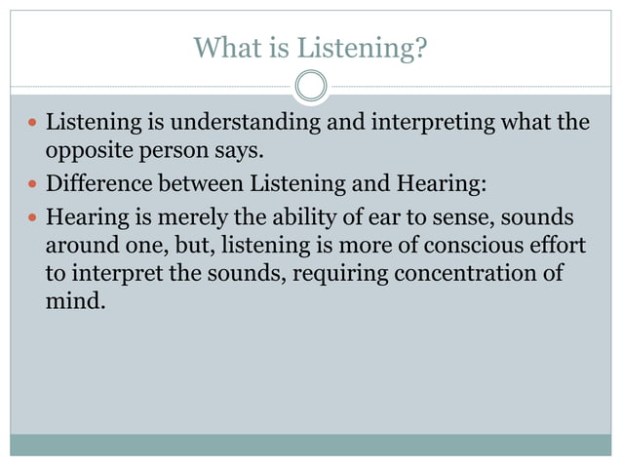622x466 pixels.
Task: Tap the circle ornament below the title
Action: coord(311,86)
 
